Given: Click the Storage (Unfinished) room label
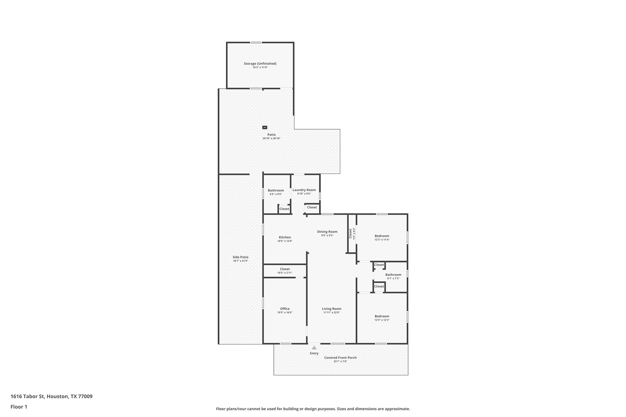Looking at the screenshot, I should pyautogui.click(x=260, y=64).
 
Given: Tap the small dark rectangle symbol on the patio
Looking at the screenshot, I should pyautogui.click(x=265, y=127).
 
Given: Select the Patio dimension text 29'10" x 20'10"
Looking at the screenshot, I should pyautogui.click(x=271, y=139).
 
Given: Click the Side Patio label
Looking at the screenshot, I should pyautogui.click(x=240, y=257).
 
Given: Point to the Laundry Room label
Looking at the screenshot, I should pyautogui.click(x=304, y=190).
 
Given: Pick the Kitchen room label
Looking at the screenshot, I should pyautogui.click(x=285, y=237).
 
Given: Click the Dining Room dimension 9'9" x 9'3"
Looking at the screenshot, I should pyautogui.click(x=327, y=236).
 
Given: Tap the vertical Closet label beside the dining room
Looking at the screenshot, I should pyautogui.click(x=350, y=233).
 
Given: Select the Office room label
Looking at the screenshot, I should pyautogui.click(x=285, y=309).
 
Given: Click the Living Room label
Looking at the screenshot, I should pyautogui.click(x=331, y=309).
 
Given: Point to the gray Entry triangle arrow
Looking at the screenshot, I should pyautogui.click(x=314, y=348).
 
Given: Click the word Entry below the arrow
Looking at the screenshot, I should pyautogui.click(x=314, y=353).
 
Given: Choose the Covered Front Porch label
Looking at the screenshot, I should pyautogui.click(x=340, y=358).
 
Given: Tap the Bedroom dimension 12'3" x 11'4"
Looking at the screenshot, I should pyautogui.click(x=382, y=240).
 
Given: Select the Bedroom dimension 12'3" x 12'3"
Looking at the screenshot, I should pyautogui.click(x=382, y=320).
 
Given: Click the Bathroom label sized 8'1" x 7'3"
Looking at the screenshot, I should pyautogui.click(x=393, y=275).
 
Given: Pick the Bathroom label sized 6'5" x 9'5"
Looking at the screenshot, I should pyautogui.click(x=276, y=190).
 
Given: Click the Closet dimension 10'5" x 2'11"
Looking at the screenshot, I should pyautogui.click(x=285, y=273).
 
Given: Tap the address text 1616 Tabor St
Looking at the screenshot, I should pyautogui.click(x=28, y=396).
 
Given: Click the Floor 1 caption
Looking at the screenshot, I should pyautogui.click(x=19, y=407).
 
